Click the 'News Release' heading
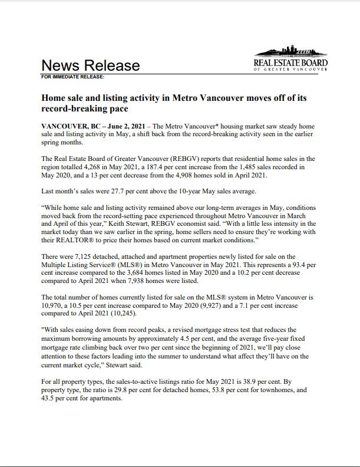coord(90,65)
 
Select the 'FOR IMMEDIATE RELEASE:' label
coord(73,77)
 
